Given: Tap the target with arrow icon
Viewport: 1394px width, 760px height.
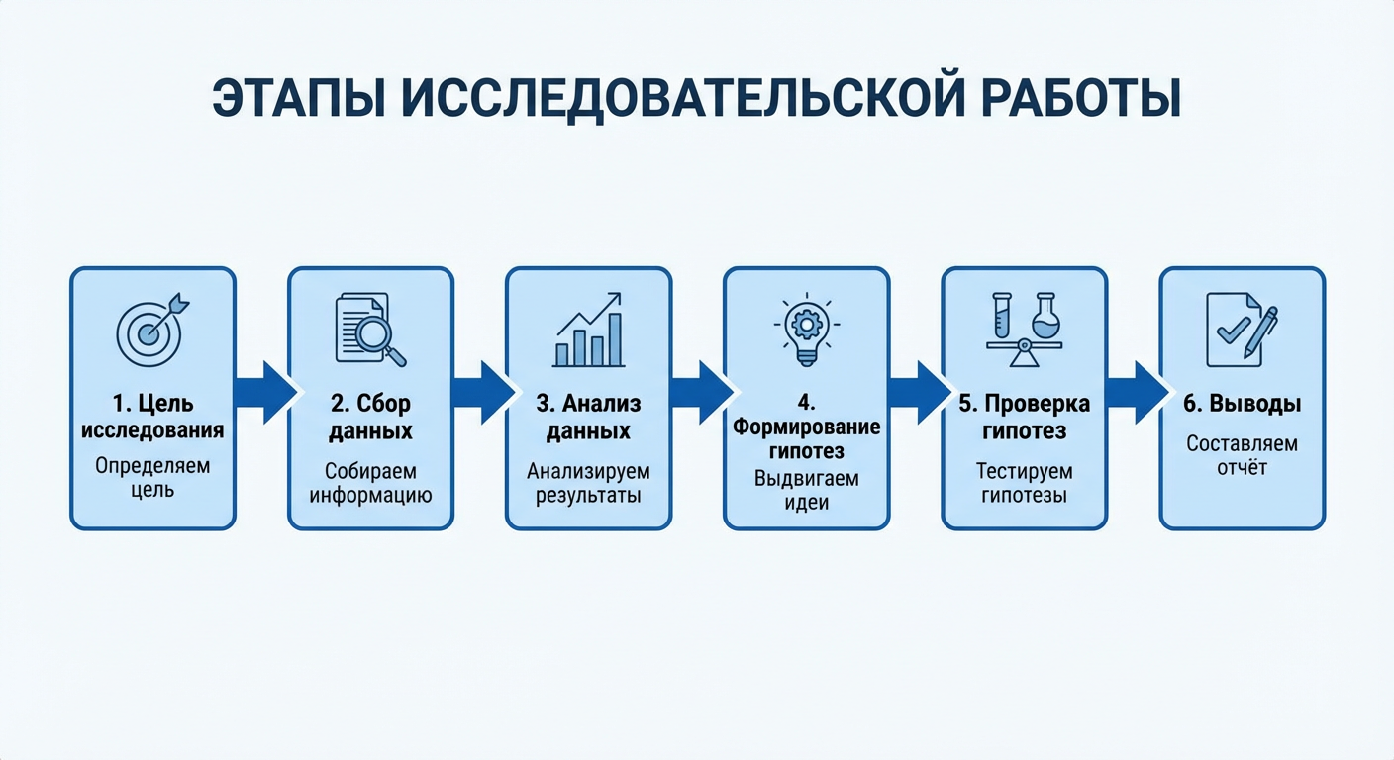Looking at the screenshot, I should click(151, 330).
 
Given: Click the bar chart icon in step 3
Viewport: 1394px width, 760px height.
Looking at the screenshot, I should click(589, 331).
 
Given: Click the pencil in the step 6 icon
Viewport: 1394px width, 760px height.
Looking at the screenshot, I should click(1260, 332).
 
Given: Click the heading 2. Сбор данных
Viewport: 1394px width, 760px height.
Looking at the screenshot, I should click(370, 418).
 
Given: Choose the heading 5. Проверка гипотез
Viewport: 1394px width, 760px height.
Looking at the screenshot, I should click(1024, 418).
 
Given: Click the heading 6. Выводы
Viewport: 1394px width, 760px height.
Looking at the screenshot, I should click(1242, 405).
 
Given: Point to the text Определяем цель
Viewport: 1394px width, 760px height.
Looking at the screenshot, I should click(152, 477).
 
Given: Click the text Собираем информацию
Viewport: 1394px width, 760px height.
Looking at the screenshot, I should click(370, 483).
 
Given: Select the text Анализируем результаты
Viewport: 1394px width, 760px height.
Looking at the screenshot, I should click(588, 483).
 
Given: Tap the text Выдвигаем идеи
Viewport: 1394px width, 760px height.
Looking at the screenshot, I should click(806, 490).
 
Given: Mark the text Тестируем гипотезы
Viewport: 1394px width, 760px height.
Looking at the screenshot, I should click(1024, 483).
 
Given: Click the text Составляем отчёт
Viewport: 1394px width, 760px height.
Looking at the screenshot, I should click(1242, 455).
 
